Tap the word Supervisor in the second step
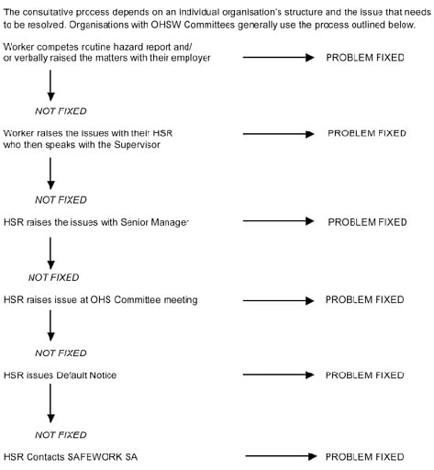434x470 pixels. [x=137, y=144]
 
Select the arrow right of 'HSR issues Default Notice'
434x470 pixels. [x=278, y=375]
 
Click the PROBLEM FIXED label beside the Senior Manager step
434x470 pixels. [x=367, y=222]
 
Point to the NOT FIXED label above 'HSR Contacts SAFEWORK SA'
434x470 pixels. [x=61, y=435]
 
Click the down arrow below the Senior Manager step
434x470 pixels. [x=50, y=253]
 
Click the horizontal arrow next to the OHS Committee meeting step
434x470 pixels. [x=278, y=300]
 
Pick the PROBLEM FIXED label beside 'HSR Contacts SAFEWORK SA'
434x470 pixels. [x=364, y=457]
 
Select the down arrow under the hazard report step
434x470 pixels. [x=50, y=85]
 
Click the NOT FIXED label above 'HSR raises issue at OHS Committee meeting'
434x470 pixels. [x=54, y=277]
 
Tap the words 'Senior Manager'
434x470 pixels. [x=154, y=222]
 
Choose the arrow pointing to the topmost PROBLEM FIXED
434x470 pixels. [x=278, y=57]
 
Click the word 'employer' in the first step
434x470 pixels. [x=191, y=58]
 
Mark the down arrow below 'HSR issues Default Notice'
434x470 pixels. [x=50, y=403]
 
